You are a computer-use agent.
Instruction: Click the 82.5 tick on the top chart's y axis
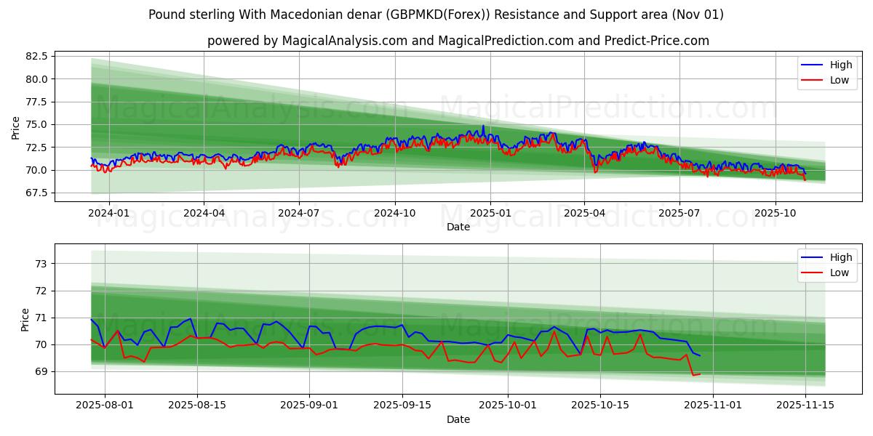[37, 56]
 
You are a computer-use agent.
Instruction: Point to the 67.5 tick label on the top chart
[37, 193]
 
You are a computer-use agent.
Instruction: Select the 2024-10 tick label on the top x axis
[394, 214]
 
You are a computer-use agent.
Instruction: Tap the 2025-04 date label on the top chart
[584, 214]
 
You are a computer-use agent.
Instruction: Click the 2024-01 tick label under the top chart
[109, 214]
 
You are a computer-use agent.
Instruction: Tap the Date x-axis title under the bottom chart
[458, 419]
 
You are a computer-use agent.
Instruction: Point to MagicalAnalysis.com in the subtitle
[338, 41]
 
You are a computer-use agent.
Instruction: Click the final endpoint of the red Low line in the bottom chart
[700, 374]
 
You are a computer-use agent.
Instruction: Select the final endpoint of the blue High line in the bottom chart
[700, 355]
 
